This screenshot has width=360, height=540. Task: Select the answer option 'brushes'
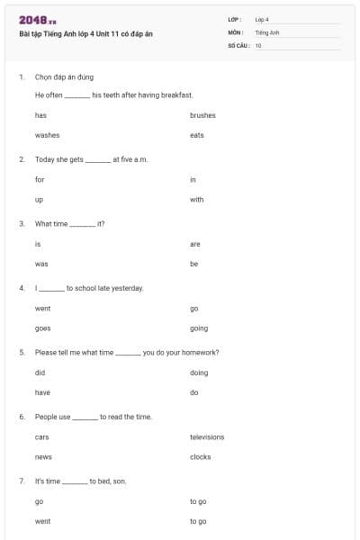202,115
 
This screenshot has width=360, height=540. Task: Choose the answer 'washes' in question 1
47,135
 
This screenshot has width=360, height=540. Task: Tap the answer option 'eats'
197,135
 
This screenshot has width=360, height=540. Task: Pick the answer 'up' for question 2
39,200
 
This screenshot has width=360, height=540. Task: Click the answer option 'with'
197,200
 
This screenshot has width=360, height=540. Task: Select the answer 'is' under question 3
38,244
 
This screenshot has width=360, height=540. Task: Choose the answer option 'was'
40,264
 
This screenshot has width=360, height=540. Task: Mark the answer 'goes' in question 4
42,328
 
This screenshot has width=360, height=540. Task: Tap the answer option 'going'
199,328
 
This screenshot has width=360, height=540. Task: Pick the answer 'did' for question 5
40,373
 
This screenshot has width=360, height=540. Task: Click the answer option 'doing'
199,373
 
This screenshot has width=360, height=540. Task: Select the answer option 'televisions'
207,437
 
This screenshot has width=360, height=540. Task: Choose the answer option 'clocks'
201,457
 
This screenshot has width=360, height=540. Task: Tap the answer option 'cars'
41,437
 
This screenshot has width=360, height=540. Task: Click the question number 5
21,353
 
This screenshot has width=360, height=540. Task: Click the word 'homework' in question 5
202,353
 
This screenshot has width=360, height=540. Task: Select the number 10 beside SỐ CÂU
258,45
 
